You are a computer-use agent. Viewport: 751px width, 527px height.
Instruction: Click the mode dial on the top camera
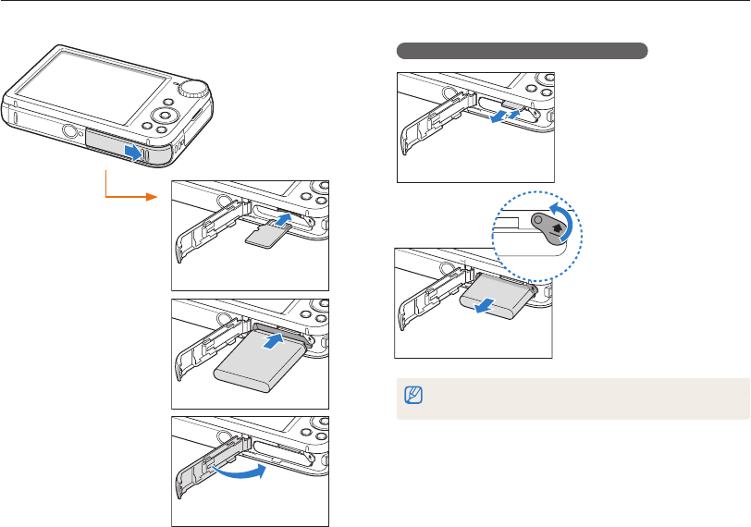(x=193, y=87)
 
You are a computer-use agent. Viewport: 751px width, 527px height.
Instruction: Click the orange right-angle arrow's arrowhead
(x=160, y=196)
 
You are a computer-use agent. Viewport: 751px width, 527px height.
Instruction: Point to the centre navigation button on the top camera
(x=165, y=115)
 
